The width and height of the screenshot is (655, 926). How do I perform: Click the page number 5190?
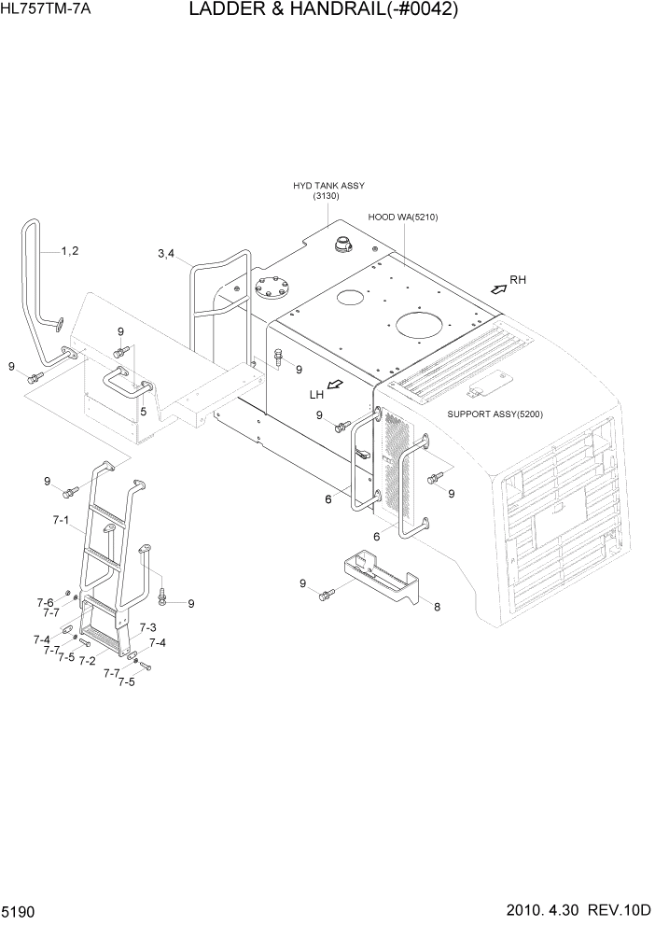(x=20, y=909)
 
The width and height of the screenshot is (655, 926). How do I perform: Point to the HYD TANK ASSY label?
(x=328, y=187)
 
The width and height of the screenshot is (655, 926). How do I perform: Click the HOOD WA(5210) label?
(x=402, y=217)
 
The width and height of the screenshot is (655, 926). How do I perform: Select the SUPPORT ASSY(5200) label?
(x=495, y=414)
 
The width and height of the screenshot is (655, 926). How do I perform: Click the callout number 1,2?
(x=70, y=250)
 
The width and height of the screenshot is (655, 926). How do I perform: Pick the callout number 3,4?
(x=167, y=254)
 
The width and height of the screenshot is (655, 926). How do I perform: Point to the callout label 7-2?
(x=87, y=660)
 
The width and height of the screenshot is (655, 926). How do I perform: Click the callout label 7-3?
(x=147, y=627)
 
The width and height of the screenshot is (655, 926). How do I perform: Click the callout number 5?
(x=143, y=411)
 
